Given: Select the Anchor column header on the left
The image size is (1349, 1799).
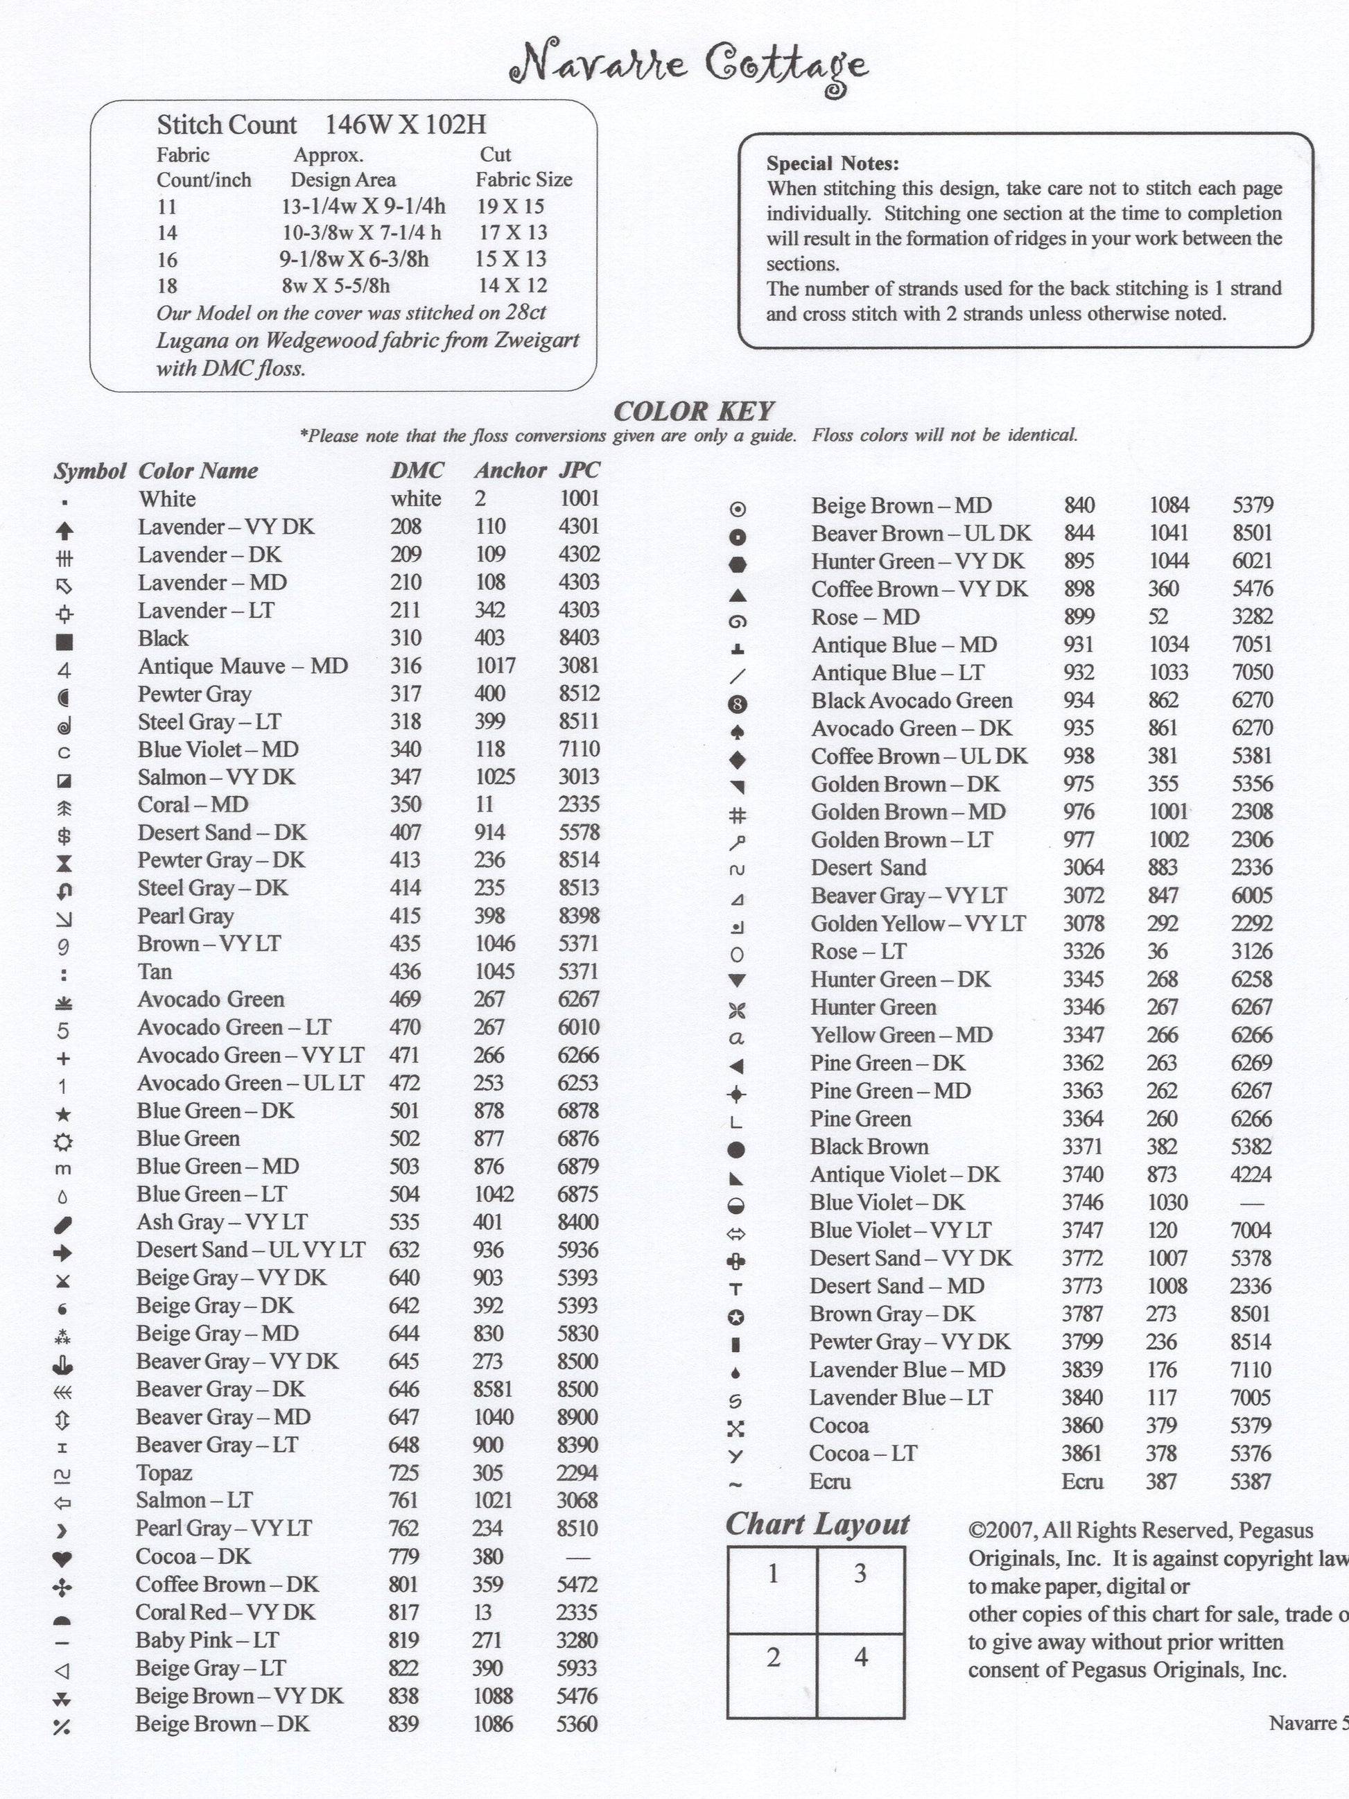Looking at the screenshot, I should pyautogui.click(x=510, y=471).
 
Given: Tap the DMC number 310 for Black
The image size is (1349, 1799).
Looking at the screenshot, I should pyautogui.click(x=405, y=638).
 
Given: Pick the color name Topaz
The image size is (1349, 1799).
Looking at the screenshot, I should pyautogui.click(x=164, y=1473).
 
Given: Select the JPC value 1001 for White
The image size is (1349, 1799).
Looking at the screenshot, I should pyautogui.click(x=579, y=498).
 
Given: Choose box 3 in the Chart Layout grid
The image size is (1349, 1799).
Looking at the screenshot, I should pyautogui.click(x=860, y=1590).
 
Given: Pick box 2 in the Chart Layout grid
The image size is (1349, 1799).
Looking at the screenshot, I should pyautogui.click(x=772, y=1674).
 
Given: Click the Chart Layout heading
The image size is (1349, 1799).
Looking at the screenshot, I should pyautogui.click(x=817, y=1524).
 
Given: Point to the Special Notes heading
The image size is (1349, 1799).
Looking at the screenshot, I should pyautogui.click(x=832, y=164).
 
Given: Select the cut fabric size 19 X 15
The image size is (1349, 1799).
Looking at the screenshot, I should pyautogui.click(x=510, y=207).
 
